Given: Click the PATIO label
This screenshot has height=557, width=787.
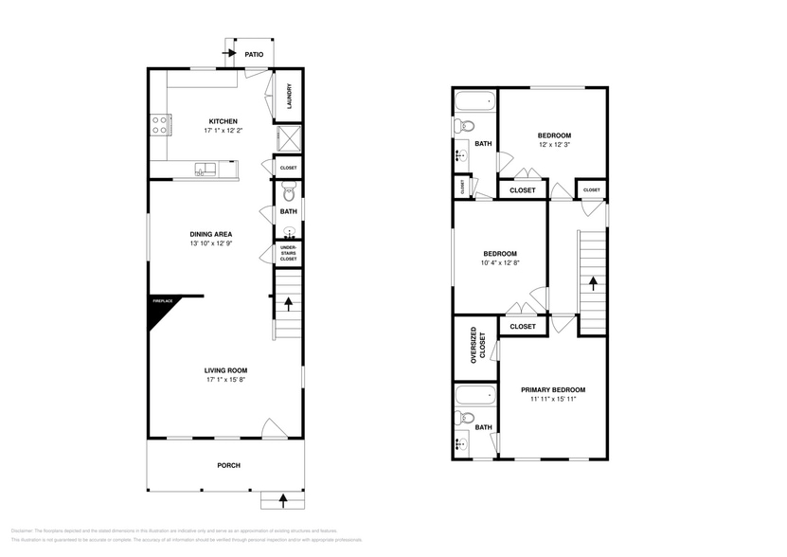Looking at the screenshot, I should click(x=253, y=55).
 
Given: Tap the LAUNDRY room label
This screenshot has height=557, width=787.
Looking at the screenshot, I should click(x=289, y=97).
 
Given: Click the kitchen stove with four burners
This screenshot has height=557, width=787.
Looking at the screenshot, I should click(x=160, y=121).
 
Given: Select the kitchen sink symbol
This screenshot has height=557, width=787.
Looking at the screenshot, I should click(x=206, y=169).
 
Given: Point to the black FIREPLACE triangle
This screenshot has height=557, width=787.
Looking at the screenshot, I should click(x=161, y=313).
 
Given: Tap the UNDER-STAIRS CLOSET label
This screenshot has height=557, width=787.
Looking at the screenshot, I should click(x=288, y=253).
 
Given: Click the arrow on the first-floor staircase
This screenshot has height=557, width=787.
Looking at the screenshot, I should click(x=288, y=304).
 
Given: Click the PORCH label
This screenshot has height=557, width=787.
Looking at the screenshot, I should click(x=228, y=465).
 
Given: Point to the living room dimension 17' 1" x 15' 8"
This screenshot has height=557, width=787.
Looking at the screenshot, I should click(x=226, y=380).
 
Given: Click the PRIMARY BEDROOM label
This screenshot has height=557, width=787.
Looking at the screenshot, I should click(x=553, y=389).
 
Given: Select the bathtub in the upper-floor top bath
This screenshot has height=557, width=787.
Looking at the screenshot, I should click(x=474, y=101).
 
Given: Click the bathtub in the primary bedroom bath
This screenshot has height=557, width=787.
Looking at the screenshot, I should click(x=474, y=394).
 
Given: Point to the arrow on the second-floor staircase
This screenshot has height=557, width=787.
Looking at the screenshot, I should click(x=592, y=281).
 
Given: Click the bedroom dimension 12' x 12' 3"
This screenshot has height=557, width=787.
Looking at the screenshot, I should click(x=554, y=145).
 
